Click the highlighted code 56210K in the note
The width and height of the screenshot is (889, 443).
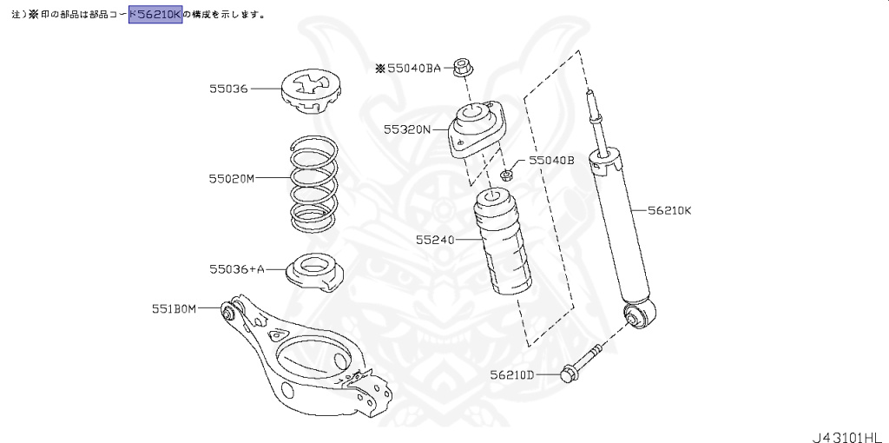pyautogui.click(x=155, y=14)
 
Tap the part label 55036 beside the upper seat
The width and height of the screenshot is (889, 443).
pyautogui.click(x=228, y=89)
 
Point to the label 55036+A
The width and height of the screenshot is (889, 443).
pyautogui.click(x=236, y=269)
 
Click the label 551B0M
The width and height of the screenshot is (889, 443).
pyautogui.click(x=175, y=307)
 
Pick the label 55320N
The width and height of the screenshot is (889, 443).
pyautogui.click(x=407, y=129)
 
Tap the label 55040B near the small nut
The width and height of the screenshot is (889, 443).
pyautogui.click(x=552, y=161)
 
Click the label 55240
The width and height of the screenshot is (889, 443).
pyautogui.click(x=435, y=238)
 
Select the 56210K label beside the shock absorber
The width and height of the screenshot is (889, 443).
pyautogui.click(x=668, y=209)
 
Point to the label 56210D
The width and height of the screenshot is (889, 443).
pyautogui.click(x=511, y=375)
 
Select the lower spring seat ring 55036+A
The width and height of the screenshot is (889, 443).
pyautogui.click(x=312, y=272)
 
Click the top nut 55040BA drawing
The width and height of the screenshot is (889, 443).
pyautogui.click(x=464, y=66)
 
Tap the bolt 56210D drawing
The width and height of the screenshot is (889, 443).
pyautogui.click(x=581, y=363)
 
